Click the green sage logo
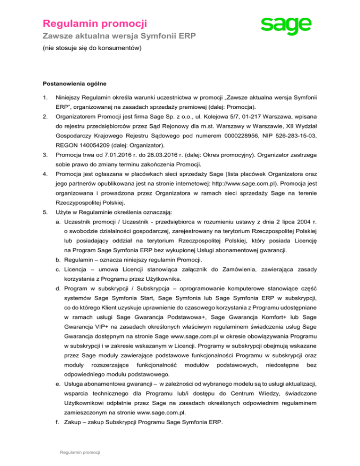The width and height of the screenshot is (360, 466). click(x=286, y=26)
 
